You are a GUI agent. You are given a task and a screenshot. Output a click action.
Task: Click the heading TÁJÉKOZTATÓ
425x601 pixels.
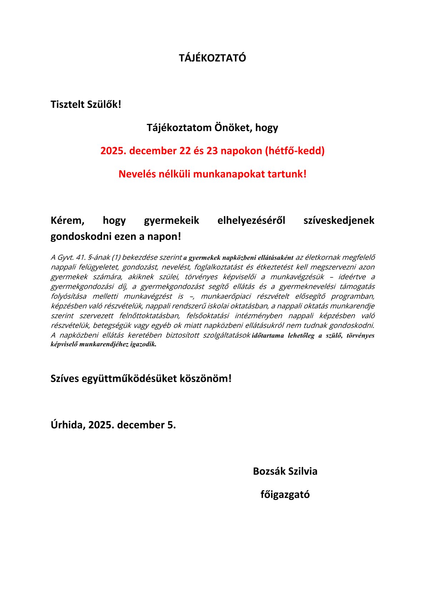(x=212, y=58)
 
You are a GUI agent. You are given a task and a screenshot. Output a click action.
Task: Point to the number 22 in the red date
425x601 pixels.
(x=185, y=151)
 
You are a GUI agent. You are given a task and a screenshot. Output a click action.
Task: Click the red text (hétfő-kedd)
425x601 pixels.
(x=295, y=151)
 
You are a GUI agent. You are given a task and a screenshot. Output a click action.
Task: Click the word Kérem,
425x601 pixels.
(x=67, y=220)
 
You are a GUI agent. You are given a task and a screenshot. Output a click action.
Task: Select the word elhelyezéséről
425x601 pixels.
(x=251, y=220)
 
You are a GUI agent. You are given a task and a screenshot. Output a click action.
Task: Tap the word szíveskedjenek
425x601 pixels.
(x=339, y=220)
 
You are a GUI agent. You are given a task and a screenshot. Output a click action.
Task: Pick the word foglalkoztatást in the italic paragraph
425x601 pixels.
(x=218, y=267)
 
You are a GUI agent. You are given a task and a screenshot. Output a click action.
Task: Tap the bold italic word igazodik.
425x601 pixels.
(x=143, y=345)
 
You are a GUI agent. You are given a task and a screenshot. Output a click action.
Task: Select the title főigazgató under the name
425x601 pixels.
(x=285, y=495)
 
